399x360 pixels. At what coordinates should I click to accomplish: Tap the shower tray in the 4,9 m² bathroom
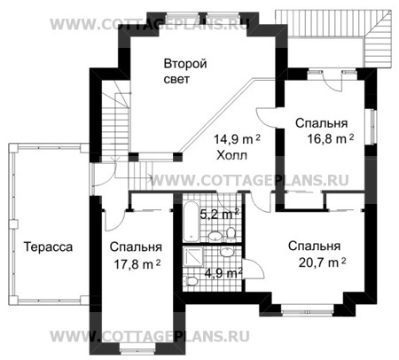click(194, 260)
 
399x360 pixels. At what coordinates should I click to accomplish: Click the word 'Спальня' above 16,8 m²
click(321, 122)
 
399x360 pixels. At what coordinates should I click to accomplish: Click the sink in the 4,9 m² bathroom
click(228, 251)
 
